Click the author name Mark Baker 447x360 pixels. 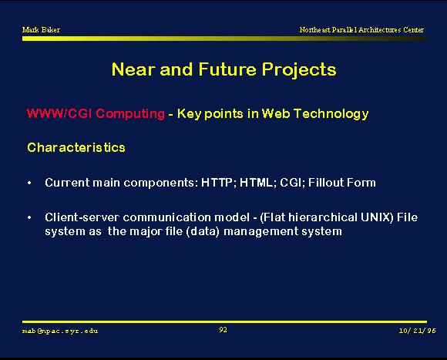(41, 29)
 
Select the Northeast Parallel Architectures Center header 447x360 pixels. (361, 29)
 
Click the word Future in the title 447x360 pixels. (227, 69)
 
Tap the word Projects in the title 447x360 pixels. (299, 70)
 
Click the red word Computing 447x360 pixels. (130, 114)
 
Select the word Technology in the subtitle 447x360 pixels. (331, 114)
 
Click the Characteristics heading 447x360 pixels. (76, 148)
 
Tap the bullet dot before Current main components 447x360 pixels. (29, 183)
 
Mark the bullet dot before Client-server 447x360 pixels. (29, 217)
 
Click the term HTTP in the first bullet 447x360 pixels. (217, 183)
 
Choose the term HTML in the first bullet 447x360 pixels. (256, 183)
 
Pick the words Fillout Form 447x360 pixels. (342, 183)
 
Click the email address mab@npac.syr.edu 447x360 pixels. (60, 331)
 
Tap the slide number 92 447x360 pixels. (223, 330)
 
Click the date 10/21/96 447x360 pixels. (418, 331)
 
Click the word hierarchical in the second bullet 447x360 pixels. (323, 217)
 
